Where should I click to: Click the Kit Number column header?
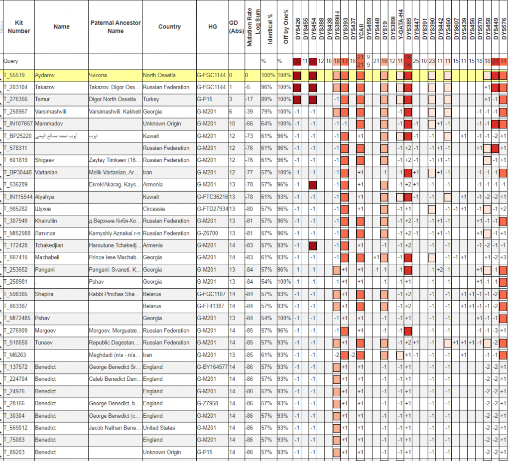tap(19, 27)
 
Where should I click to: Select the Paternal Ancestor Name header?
tap(116, 27)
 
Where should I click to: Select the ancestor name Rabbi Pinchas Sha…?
tap(114, 294)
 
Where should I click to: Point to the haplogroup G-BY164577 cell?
tap(213, 367)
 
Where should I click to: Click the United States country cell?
tap(159, 428)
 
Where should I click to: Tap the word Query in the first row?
tap(11, 61)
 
